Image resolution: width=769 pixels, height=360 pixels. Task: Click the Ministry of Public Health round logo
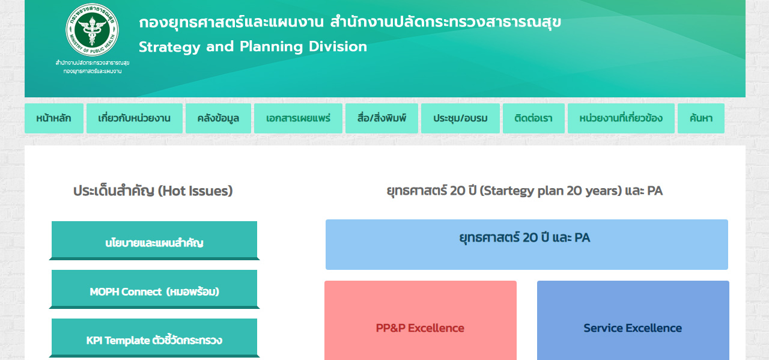click(92, 30)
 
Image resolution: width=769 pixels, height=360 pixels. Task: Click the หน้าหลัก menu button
click(54, 118)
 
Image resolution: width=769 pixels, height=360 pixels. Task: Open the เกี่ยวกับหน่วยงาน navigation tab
click(134, 118)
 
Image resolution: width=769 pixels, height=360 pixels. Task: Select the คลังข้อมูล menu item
click(218, 118)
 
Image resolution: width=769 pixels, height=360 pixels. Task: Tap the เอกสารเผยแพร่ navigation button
click(298, 118)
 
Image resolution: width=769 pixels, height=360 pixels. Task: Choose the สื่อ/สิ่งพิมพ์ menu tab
click(381, 118)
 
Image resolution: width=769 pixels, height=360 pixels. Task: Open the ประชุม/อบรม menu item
click(460, 118)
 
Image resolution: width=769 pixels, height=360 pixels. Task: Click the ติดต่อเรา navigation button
click(533, 118)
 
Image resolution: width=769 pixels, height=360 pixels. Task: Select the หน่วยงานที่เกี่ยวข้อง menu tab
click(621, 118)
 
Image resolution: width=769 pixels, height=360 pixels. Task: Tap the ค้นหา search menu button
click(701, 118)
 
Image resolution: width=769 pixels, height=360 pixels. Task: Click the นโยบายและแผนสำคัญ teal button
click(154, 240)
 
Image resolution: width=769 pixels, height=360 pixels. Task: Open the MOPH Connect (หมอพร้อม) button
click(154, 289)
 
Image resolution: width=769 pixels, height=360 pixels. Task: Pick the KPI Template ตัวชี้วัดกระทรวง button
click(154, 338)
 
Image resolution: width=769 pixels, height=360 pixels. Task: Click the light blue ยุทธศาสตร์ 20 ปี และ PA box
click(527, 245)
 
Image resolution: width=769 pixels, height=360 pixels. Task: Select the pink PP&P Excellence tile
click(420, 320)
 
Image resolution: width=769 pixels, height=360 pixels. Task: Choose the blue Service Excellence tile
click(633, 320)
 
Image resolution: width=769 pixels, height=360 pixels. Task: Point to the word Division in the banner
click(338, 46)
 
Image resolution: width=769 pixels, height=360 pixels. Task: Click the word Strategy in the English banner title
click(169, 47)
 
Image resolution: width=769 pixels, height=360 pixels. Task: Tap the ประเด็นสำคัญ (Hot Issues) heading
click(153, 191)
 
